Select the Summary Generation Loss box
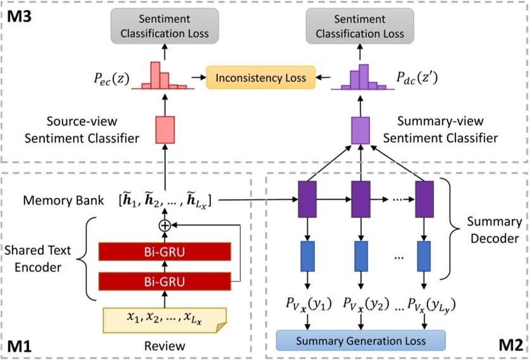point(361,340)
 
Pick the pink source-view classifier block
point(165,130)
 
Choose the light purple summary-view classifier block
point(360,130)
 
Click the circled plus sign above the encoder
point(165,225)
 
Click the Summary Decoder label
point(494,231)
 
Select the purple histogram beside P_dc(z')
point(361,77)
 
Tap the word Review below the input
point(165,346)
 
